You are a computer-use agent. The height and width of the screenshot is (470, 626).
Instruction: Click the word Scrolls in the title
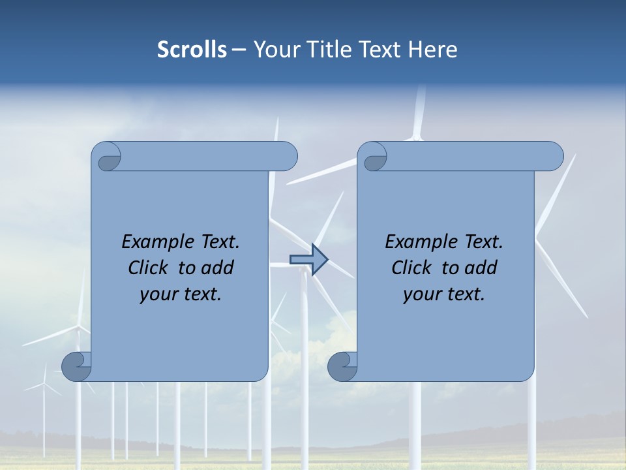click(x=192, y=50)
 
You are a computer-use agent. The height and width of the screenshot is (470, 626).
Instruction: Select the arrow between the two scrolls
click(x=308, y=260)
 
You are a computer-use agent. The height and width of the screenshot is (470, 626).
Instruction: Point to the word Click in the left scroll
click(x=149, y=268)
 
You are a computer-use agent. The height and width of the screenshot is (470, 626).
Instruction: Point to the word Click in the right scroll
click(x=413, y=268)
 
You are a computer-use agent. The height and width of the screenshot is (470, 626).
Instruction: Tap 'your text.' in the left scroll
click(x=181, y=294)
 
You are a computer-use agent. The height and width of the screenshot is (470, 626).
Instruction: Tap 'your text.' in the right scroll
click(x=444, y=294)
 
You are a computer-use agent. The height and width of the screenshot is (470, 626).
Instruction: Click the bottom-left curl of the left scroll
click(x=77, y=366)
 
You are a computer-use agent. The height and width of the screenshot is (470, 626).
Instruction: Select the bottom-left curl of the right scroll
click(x=343, y=366)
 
